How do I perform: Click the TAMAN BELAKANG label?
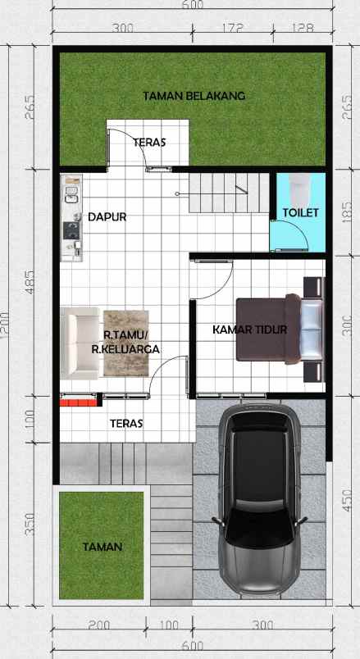194,95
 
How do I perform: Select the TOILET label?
300,212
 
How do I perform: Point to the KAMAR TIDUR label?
249,330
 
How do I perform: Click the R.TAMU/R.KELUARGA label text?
125,342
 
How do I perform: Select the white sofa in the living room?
80,341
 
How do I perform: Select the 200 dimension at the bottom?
98,625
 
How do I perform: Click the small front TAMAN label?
102,547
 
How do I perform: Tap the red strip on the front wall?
78,402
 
